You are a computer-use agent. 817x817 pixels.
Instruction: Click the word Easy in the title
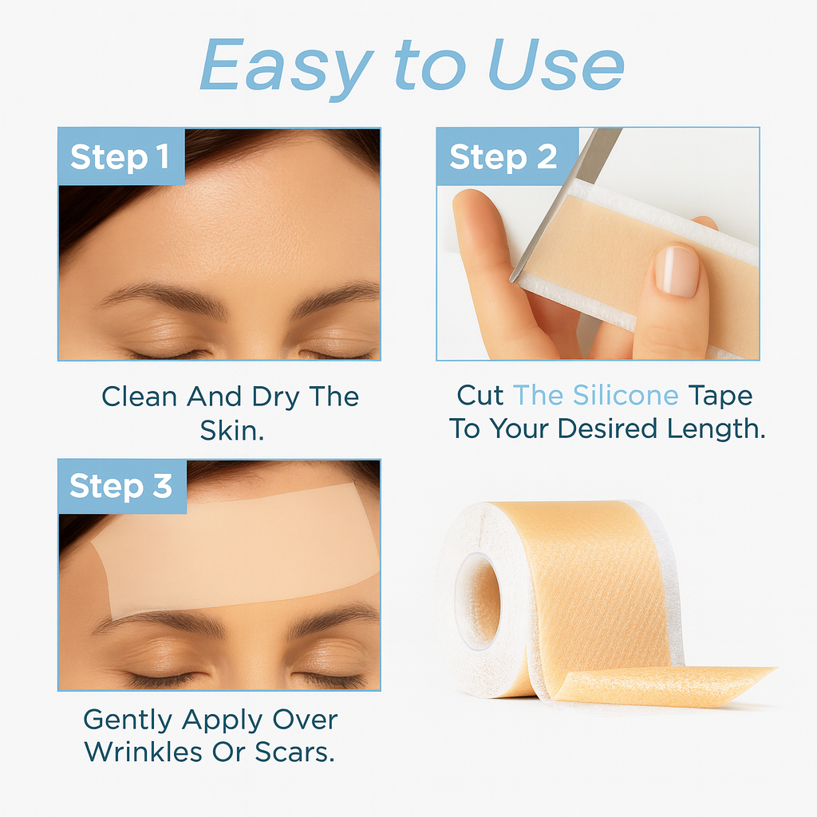286,68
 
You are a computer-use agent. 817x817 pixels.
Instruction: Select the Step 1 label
120,157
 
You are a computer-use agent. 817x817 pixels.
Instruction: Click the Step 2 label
503,157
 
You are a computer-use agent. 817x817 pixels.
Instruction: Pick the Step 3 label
121,486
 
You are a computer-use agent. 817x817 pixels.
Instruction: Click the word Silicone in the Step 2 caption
626,396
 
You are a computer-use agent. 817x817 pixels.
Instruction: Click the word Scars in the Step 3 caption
294,752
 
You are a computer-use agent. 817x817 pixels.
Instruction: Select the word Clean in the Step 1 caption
139,397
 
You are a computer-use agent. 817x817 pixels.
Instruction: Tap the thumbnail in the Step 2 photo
677,270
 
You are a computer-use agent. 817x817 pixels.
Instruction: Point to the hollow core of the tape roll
478,602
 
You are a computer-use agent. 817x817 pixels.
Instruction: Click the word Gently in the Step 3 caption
128,721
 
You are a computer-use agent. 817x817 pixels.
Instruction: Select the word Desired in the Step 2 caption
607,428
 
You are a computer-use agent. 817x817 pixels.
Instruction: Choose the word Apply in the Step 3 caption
223,721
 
